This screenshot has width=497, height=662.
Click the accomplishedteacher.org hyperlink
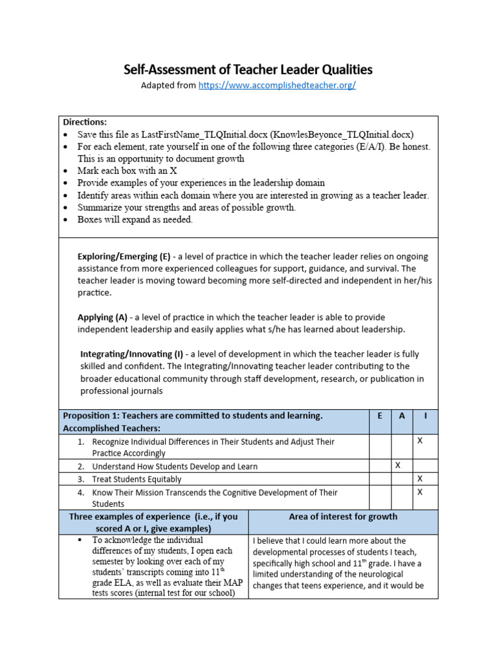click(x=277, y=85)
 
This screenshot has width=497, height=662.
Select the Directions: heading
click(x=85, y=122)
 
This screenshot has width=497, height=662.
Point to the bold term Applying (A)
click(x=102, y=317)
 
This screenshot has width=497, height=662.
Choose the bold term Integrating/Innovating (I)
click(x=131, y=354)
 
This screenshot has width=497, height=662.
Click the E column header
click(x=379, y=416)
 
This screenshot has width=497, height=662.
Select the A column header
click(x=402, y=416)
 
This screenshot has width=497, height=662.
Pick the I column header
click(x=425, y=416)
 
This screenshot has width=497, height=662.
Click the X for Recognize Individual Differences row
click(x=419, y=440)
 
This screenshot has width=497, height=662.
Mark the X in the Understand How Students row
click(x=398, y=465)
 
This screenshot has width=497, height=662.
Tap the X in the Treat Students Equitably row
click(x=419, y=479)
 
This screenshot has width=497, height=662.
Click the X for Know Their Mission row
click(x=419, y=492)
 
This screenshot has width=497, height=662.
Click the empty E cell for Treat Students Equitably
click(x=379, y=479)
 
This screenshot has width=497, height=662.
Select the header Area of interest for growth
click(x=342, y=517)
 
